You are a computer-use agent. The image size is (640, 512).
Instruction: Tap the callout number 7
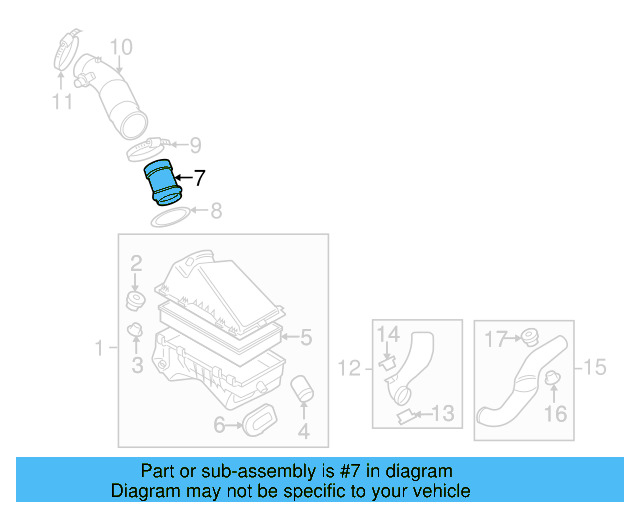[199, 179]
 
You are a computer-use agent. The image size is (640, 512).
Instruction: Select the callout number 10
[120, 46]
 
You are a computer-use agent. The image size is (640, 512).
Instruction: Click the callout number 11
[63, 101]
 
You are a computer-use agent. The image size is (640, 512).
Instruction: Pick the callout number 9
[195, 145]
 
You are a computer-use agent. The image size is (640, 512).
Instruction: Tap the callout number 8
[215, 211]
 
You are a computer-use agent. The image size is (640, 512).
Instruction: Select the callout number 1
[100, 348]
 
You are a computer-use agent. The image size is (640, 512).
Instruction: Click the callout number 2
[136, 263]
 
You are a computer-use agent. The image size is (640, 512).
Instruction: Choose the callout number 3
[137, 366]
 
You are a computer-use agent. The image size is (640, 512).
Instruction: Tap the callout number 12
[349, 369]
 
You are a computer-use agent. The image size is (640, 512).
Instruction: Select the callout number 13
[443, 412]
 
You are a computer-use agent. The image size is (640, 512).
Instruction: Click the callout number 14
[388, 334]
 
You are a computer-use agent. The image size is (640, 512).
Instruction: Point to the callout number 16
[555, 413]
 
